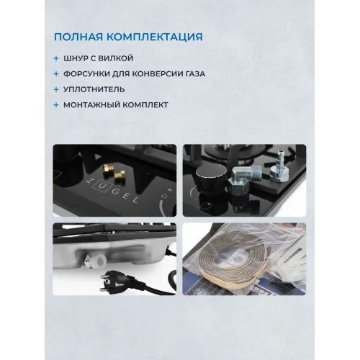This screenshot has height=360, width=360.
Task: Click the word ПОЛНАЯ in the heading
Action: tap(78, 37)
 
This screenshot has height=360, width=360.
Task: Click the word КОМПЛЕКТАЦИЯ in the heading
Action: tap(155, 37)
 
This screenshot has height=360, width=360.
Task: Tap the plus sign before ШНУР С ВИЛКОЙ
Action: tap(56, 58)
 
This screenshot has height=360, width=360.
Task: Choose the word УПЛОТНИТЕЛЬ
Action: tap(94, 89)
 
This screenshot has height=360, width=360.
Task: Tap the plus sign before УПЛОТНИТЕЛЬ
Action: tap(56, 89)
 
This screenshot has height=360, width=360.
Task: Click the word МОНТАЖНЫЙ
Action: tap(91, 105)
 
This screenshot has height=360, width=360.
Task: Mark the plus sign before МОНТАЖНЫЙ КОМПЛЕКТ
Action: tap(56, 105)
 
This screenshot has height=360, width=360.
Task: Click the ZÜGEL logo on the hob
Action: tap(112, 192)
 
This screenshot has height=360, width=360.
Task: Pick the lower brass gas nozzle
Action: tap(120, 175)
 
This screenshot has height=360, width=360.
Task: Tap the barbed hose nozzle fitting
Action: tap(279, 169)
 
